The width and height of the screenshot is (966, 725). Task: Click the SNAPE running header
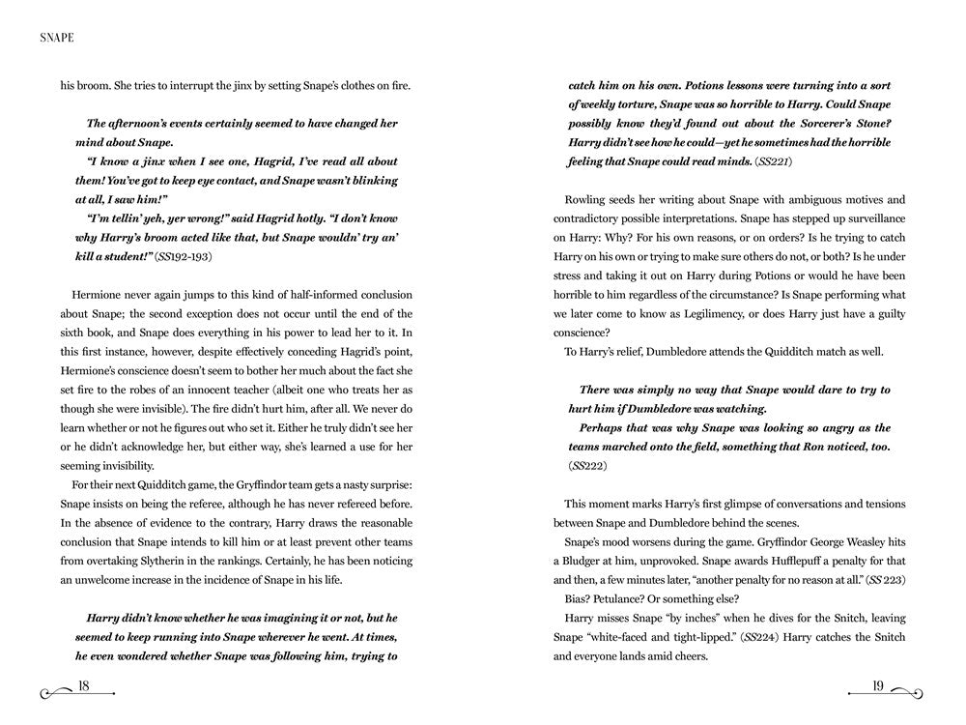58,40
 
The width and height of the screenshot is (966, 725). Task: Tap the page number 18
84,687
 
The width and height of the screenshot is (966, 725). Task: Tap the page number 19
877,687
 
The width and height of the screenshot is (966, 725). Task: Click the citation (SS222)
585,465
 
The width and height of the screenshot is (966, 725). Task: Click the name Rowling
588,200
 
